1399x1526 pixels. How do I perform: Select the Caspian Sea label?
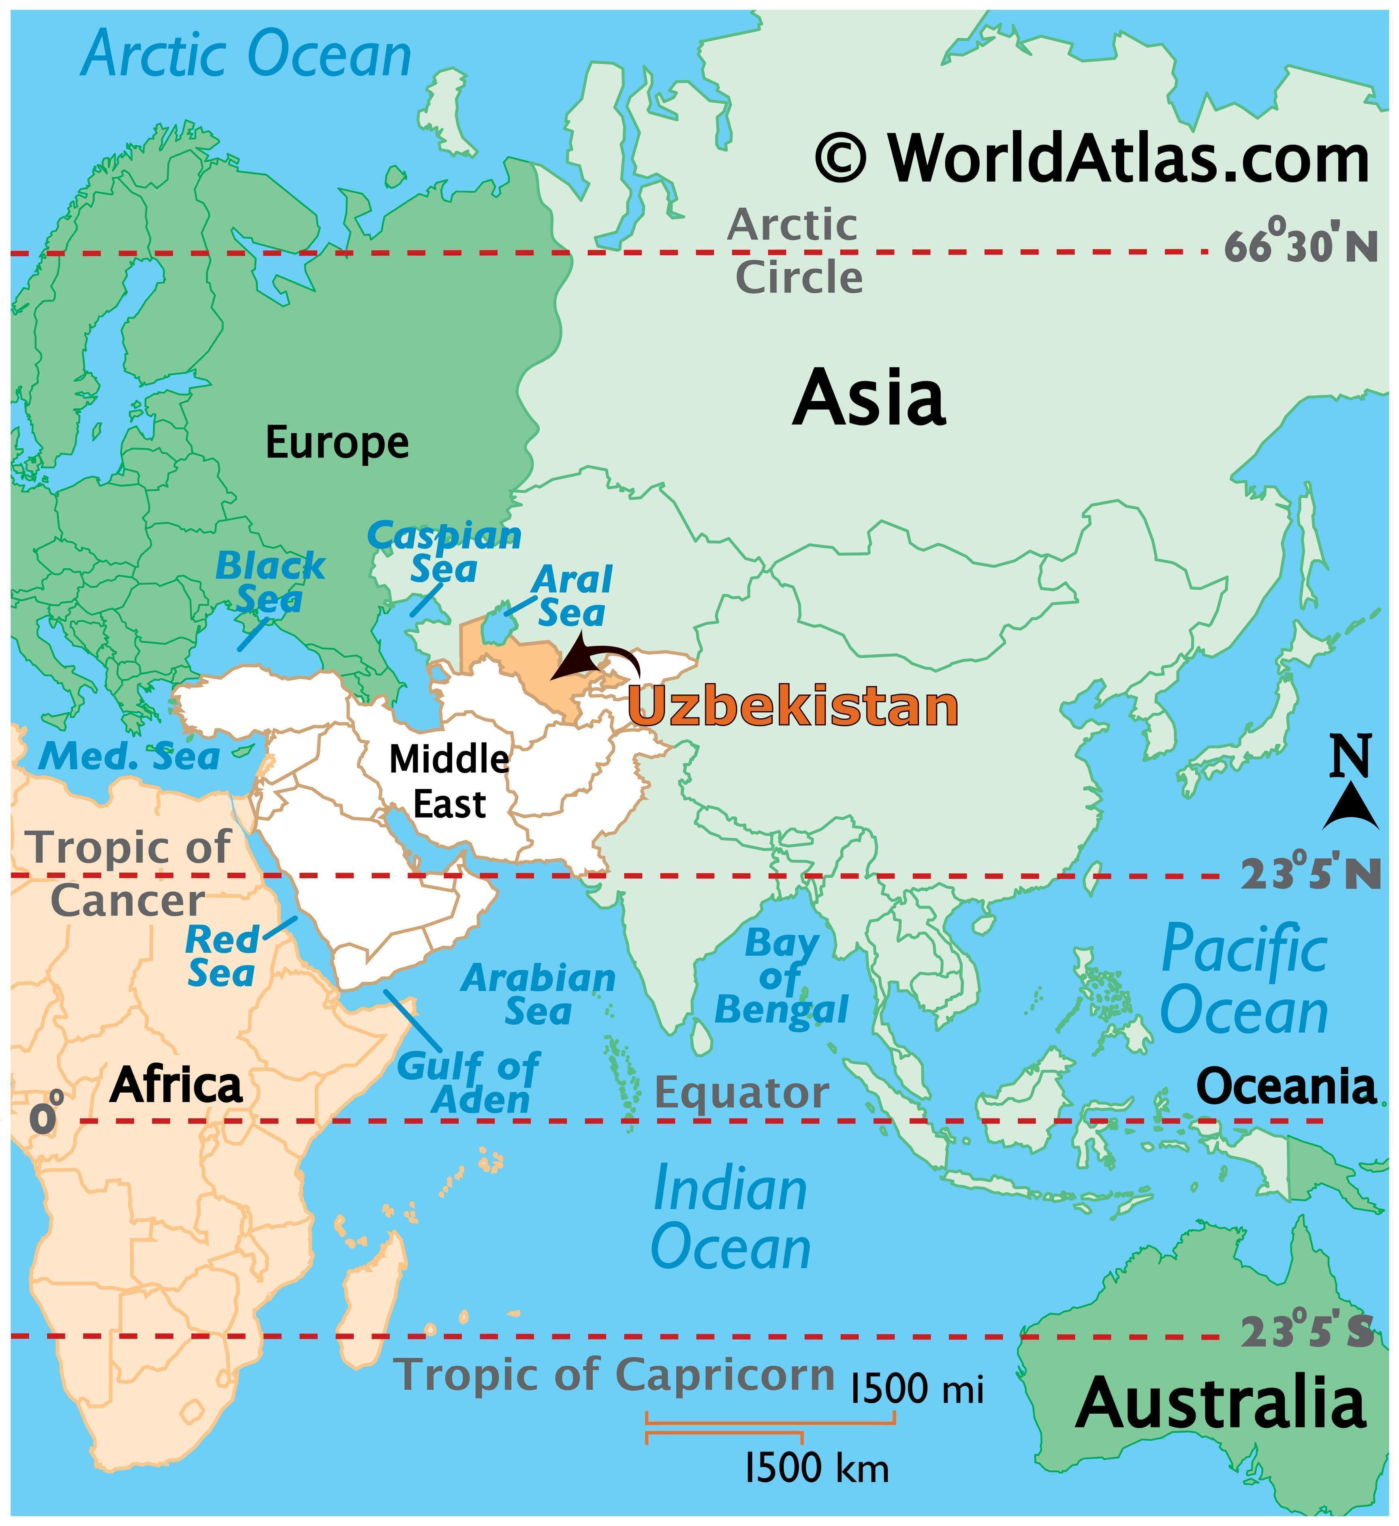pos(444,551)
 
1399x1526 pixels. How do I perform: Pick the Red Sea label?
pos(222,956)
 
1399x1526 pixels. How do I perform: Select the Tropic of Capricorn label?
pos(615,1373)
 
